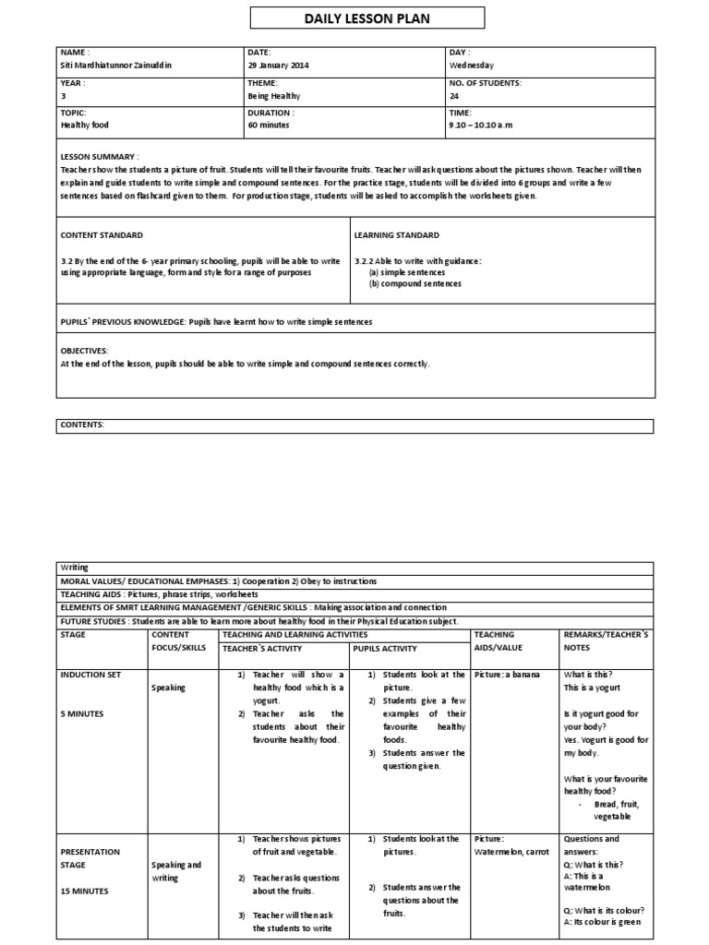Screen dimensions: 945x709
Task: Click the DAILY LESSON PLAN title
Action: (x=354, y=18)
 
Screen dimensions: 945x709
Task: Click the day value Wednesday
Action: (x=472, y=66)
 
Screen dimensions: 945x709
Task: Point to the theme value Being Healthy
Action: (x=274, y=95)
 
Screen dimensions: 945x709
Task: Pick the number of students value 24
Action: (x=454, y=95)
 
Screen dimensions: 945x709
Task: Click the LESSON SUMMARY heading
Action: (x=100, y=158)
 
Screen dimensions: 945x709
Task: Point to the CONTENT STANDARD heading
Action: (x=102, y=235)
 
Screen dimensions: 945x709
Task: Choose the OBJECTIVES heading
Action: (x=84, y=352)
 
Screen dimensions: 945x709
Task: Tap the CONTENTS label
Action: (x=82, y=425)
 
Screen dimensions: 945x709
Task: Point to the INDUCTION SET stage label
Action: (x=90, y=675)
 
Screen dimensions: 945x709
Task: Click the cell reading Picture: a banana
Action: (x=506, y=675)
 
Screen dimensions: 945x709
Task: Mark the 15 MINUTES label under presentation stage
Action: (x=84, y=891)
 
